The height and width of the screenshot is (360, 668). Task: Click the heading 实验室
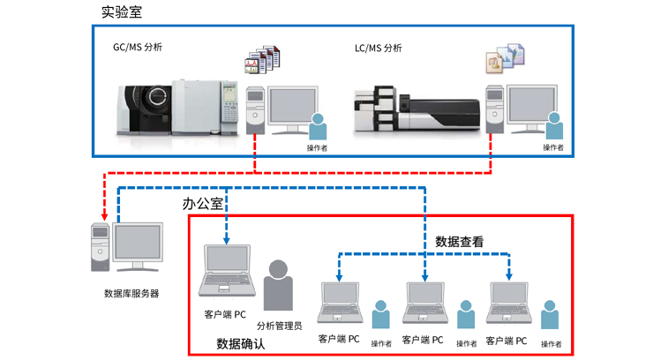(x=121, y=11)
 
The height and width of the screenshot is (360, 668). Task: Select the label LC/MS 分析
(x=372, y=49)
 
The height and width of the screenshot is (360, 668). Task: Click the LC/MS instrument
(x=414, y=109)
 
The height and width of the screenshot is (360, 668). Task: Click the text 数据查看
(x=459, y=241)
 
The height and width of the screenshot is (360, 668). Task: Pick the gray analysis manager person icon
(x=278, y=286)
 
